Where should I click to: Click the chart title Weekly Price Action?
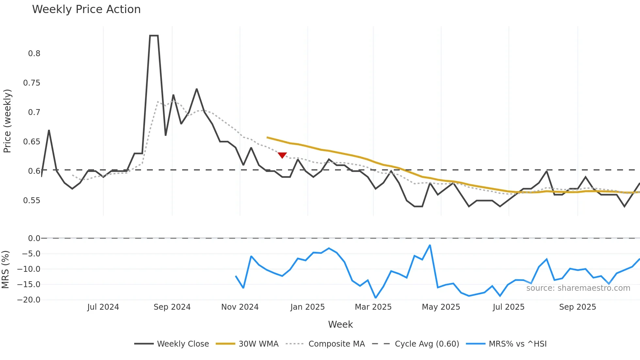coord(86,9)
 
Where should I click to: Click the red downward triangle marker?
coord(282,155)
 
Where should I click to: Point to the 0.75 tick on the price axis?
coord(32,83)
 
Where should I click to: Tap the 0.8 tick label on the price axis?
coord(34,54)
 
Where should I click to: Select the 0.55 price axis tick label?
coord(32,201)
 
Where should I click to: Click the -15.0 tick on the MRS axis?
coord(29,285)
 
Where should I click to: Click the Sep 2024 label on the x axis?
coord(172,307)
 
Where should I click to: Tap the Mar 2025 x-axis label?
coord(373,307)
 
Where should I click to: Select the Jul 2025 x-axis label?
coord(508,307)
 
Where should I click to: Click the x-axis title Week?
coord(340,324)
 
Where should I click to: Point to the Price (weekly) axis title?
coord(7,121)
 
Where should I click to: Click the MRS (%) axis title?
coord(5,270)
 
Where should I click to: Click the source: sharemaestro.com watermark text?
coord(578,288)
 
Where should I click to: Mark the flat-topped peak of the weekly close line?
coord(154,36)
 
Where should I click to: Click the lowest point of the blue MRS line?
coord(376,298)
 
